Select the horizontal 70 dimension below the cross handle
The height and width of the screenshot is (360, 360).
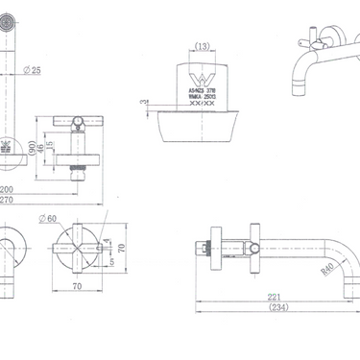tap(76, 285)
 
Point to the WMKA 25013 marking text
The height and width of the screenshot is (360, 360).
tap(203, 95)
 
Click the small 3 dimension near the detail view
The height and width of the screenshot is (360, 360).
tap(143, 103)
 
